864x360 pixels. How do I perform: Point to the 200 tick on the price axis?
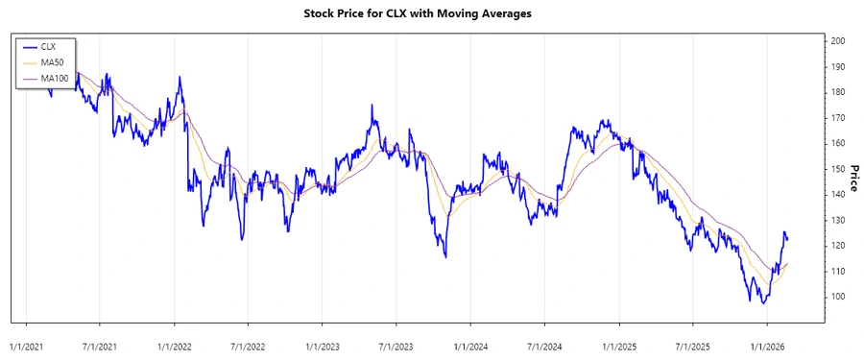pyautogui.click(x=838, y=41)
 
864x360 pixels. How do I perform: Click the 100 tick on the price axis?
pyautogui.click(x=838, y=297)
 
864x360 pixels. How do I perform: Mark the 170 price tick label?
pyautogui.click(x=838, y=118)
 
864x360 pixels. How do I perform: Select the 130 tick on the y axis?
pyautogui.click(x=838, y=220)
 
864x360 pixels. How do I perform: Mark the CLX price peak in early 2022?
pyautogui.click(x=179, y=78)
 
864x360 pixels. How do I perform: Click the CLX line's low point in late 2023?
pyautogui.click(x=445, y=256)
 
